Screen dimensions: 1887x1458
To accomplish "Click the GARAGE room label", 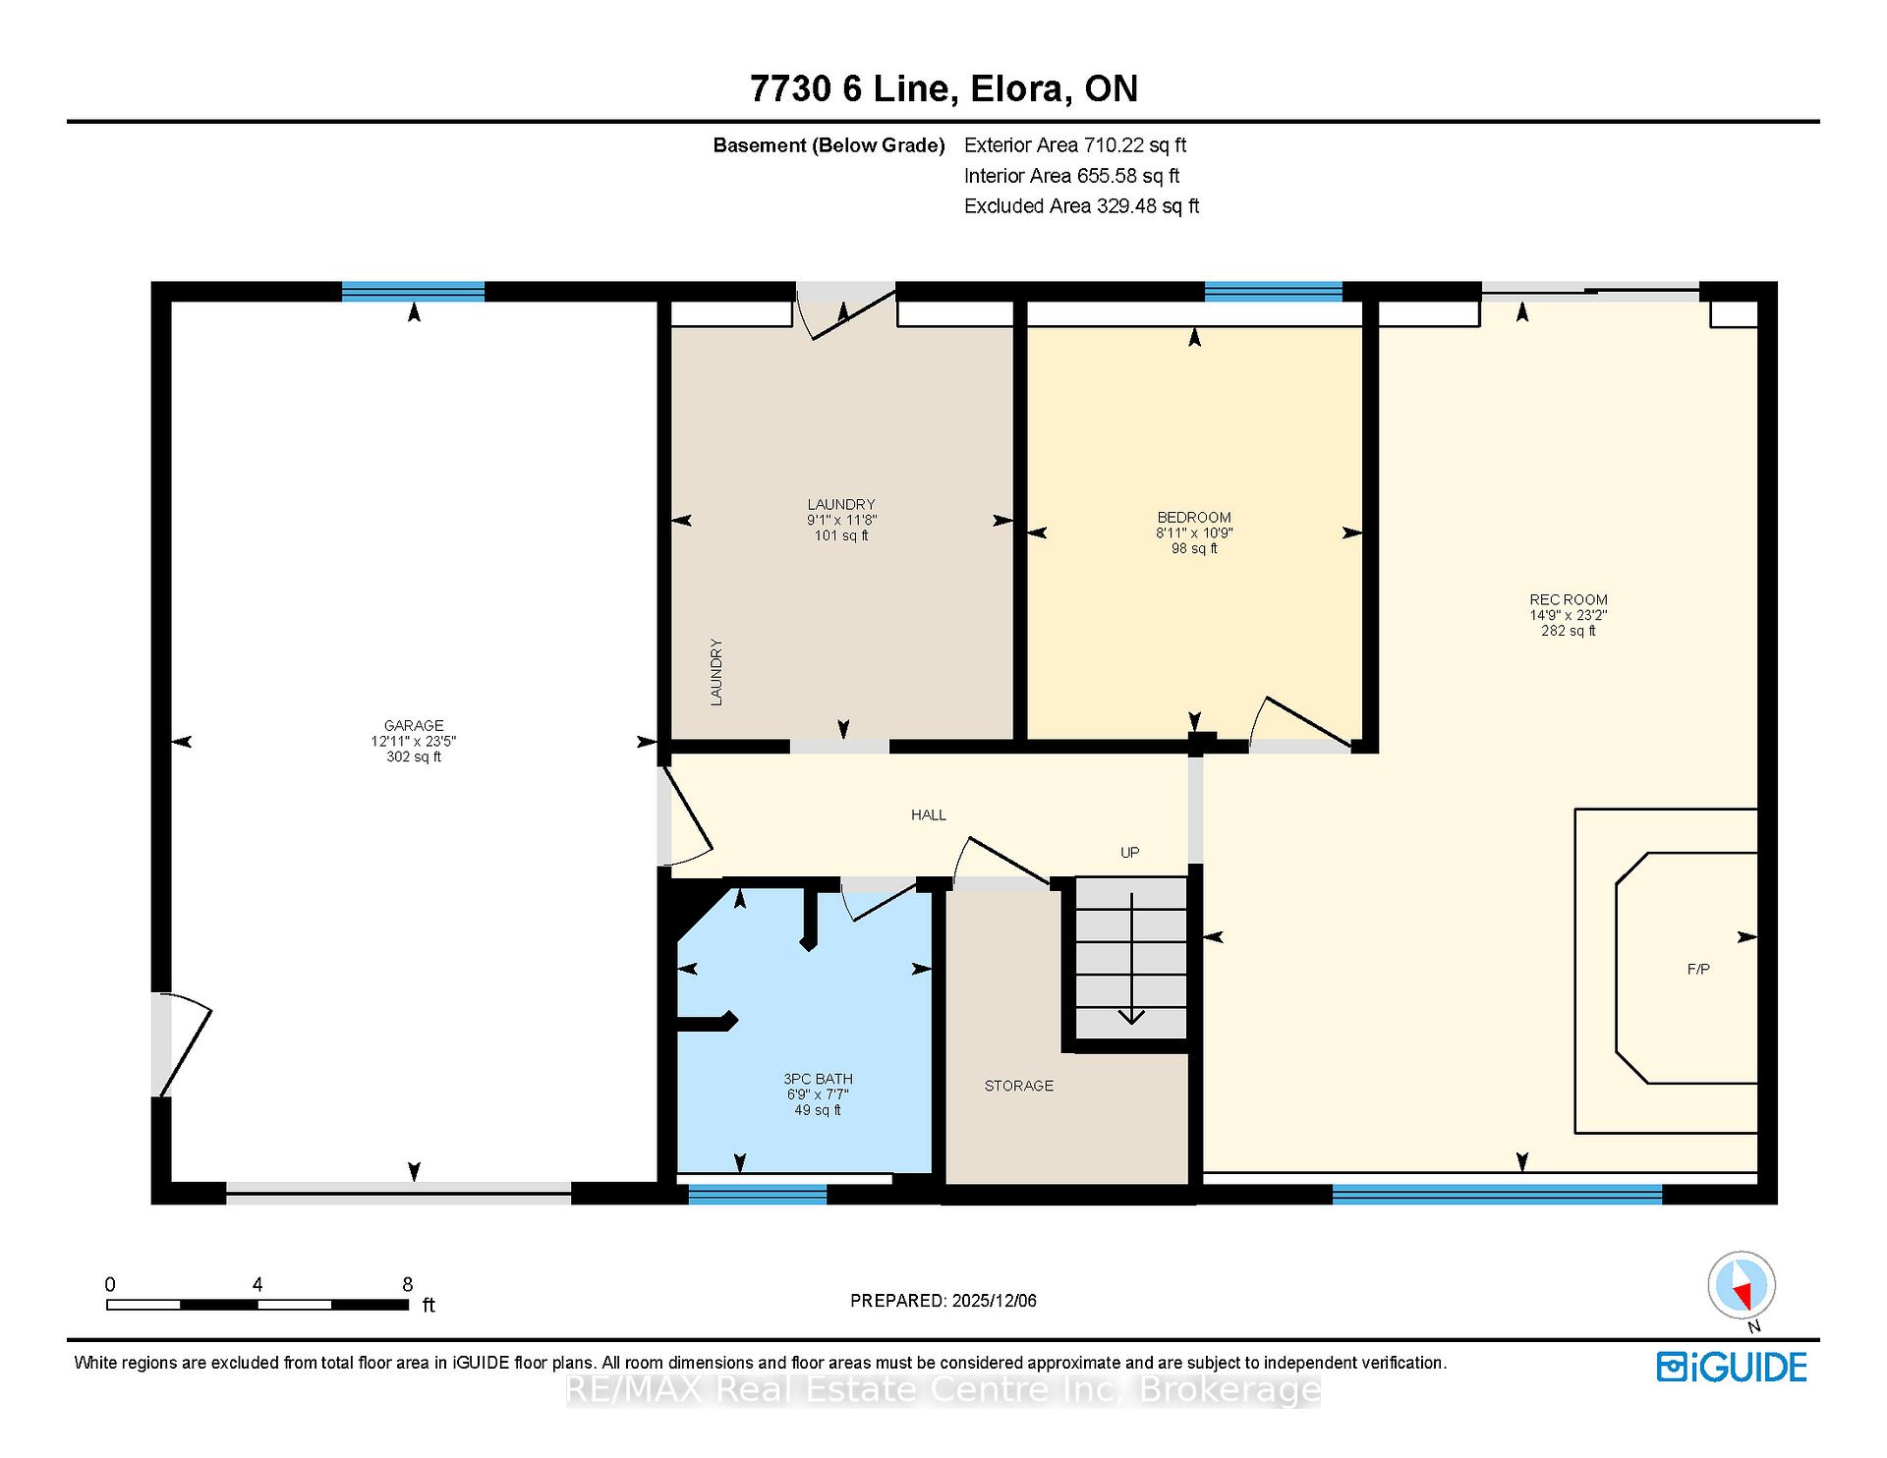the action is (414, 726).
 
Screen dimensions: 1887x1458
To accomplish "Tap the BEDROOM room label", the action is (1194, 518).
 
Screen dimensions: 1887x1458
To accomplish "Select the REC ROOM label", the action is (1569, 599).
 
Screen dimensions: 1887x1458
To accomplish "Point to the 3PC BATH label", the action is (818, 1079).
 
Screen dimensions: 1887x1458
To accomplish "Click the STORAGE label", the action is (1019, 1086).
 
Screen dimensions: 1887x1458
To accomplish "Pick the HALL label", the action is (929, 814).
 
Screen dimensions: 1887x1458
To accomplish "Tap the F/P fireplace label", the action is (1698, 969).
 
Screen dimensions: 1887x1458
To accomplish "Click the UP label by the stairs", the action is (1130, 853).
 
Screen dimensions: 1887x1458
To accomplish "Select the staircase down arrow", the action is (1131, 958).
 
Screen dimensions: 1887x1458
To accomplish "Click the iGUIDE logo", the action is (1732, 1367).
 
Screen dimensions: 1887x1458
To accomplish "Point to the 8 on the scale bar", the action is (407, 1284).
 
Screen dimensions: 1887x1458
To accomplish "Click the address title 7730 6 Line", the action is (851, 88).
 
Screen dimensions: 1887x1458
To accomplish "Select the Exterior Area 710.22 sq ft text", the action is (1075, 145).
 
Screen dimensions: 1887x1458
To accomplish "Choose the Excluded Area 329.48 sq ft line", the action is (1081, 206).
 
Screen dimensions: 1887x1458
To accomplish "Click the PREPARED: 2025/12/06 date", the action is (943, 1301).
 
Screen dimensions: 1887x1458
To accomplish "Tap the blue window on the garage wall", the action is (413, 291).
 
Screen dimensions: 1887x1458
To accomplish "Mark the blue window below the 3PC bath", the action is (757, 1194).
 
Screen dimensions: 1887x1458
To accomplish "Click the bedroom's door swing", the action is (1299, 724).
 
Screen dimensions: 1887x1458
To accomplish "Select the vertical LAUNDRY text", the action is (716, 672).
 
